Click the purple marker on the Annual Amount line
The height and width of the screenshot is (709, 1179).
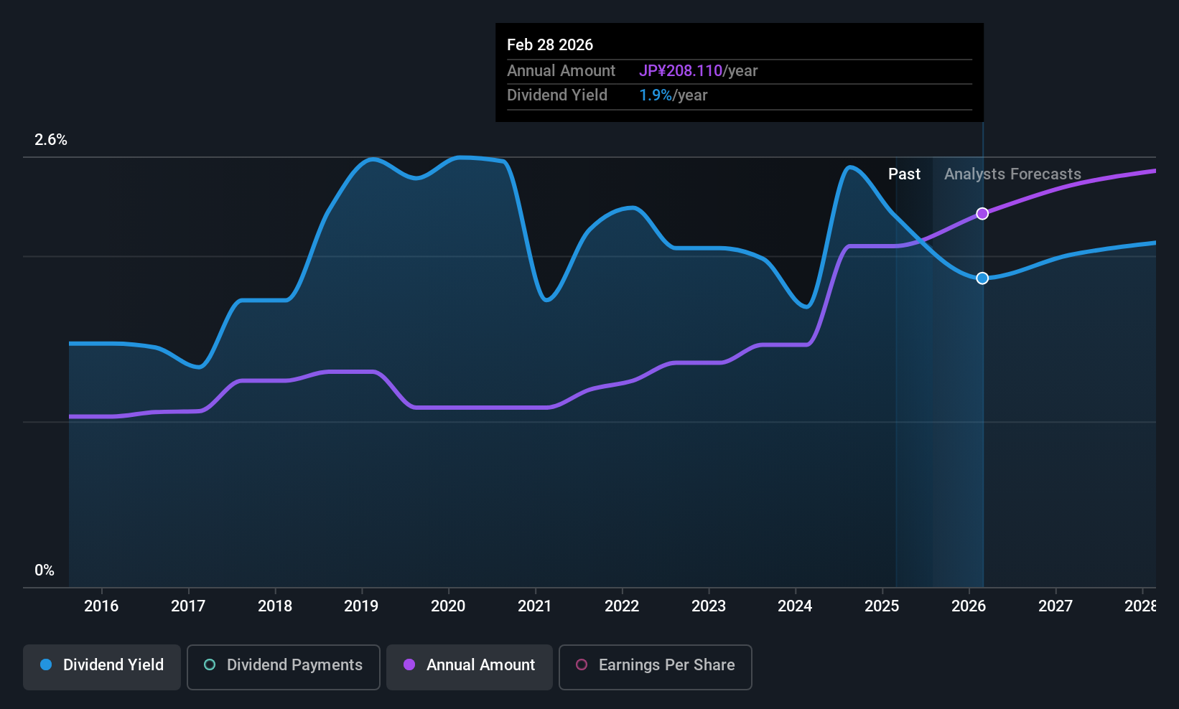(x=982, y=214)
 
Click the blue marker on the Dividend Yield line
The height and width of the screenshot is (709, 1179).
(x=982, y=278)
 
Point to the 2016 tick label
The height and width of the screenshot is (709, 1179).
(x=101, y=606)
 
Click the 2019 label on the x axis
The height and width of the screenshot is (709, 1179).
(x=361, y=606)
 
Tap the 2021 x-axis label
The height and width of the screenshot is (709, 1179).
(x=535, y=606)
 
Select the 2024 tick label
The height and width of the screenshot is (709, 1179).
(x=795, y=606)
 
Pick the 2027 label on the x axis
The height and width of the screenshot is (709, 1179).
(x=1055, y=606)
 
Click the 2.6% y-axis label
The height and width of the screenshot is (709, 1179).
(x=51, y=140)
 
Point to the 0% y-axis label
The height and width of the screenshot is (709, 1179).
(x=45, y=571)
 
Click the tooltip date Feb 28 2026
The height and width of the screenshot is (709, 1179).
(x=550, y=45)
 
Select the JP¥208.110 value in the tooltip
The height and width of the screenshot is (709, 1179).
(x=681, y=71)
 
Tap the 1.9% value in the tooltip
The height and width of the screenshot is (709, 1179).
(x=656, y=95)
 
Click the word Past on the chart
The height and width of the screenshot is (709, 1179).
(x=904, y=174)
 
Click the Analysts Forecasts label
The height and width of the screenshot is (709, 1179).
(x=1012, y=174)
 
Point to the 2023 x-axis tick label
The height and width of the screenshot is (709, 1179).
(x=709, y=606)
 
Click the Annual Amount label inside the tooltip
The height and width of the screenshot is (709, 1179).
(x=561, y=71)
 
